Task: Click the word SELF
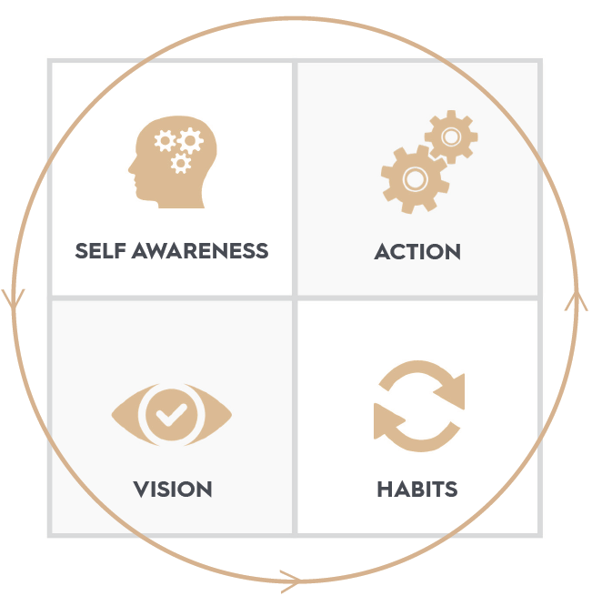point(100,251)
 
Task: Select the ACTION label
point(417,252)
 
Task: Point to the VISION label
point(173,490)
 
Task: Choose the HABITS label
point(417,490)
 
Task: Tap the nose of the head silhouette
point(131,168)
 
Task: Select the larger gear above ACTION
point(414,178)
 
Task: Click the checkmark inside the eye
point(170,416)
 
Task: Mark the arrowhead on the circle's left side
point(15,298)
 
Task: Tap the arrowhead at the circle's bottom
point(291,579)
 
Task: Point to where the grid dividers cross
point(295,298)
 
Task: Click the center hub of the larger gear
point(414,178)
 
